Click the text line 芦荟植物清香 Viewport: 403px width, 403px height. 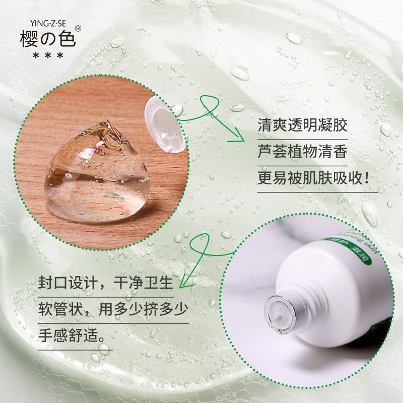[302, 152]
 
